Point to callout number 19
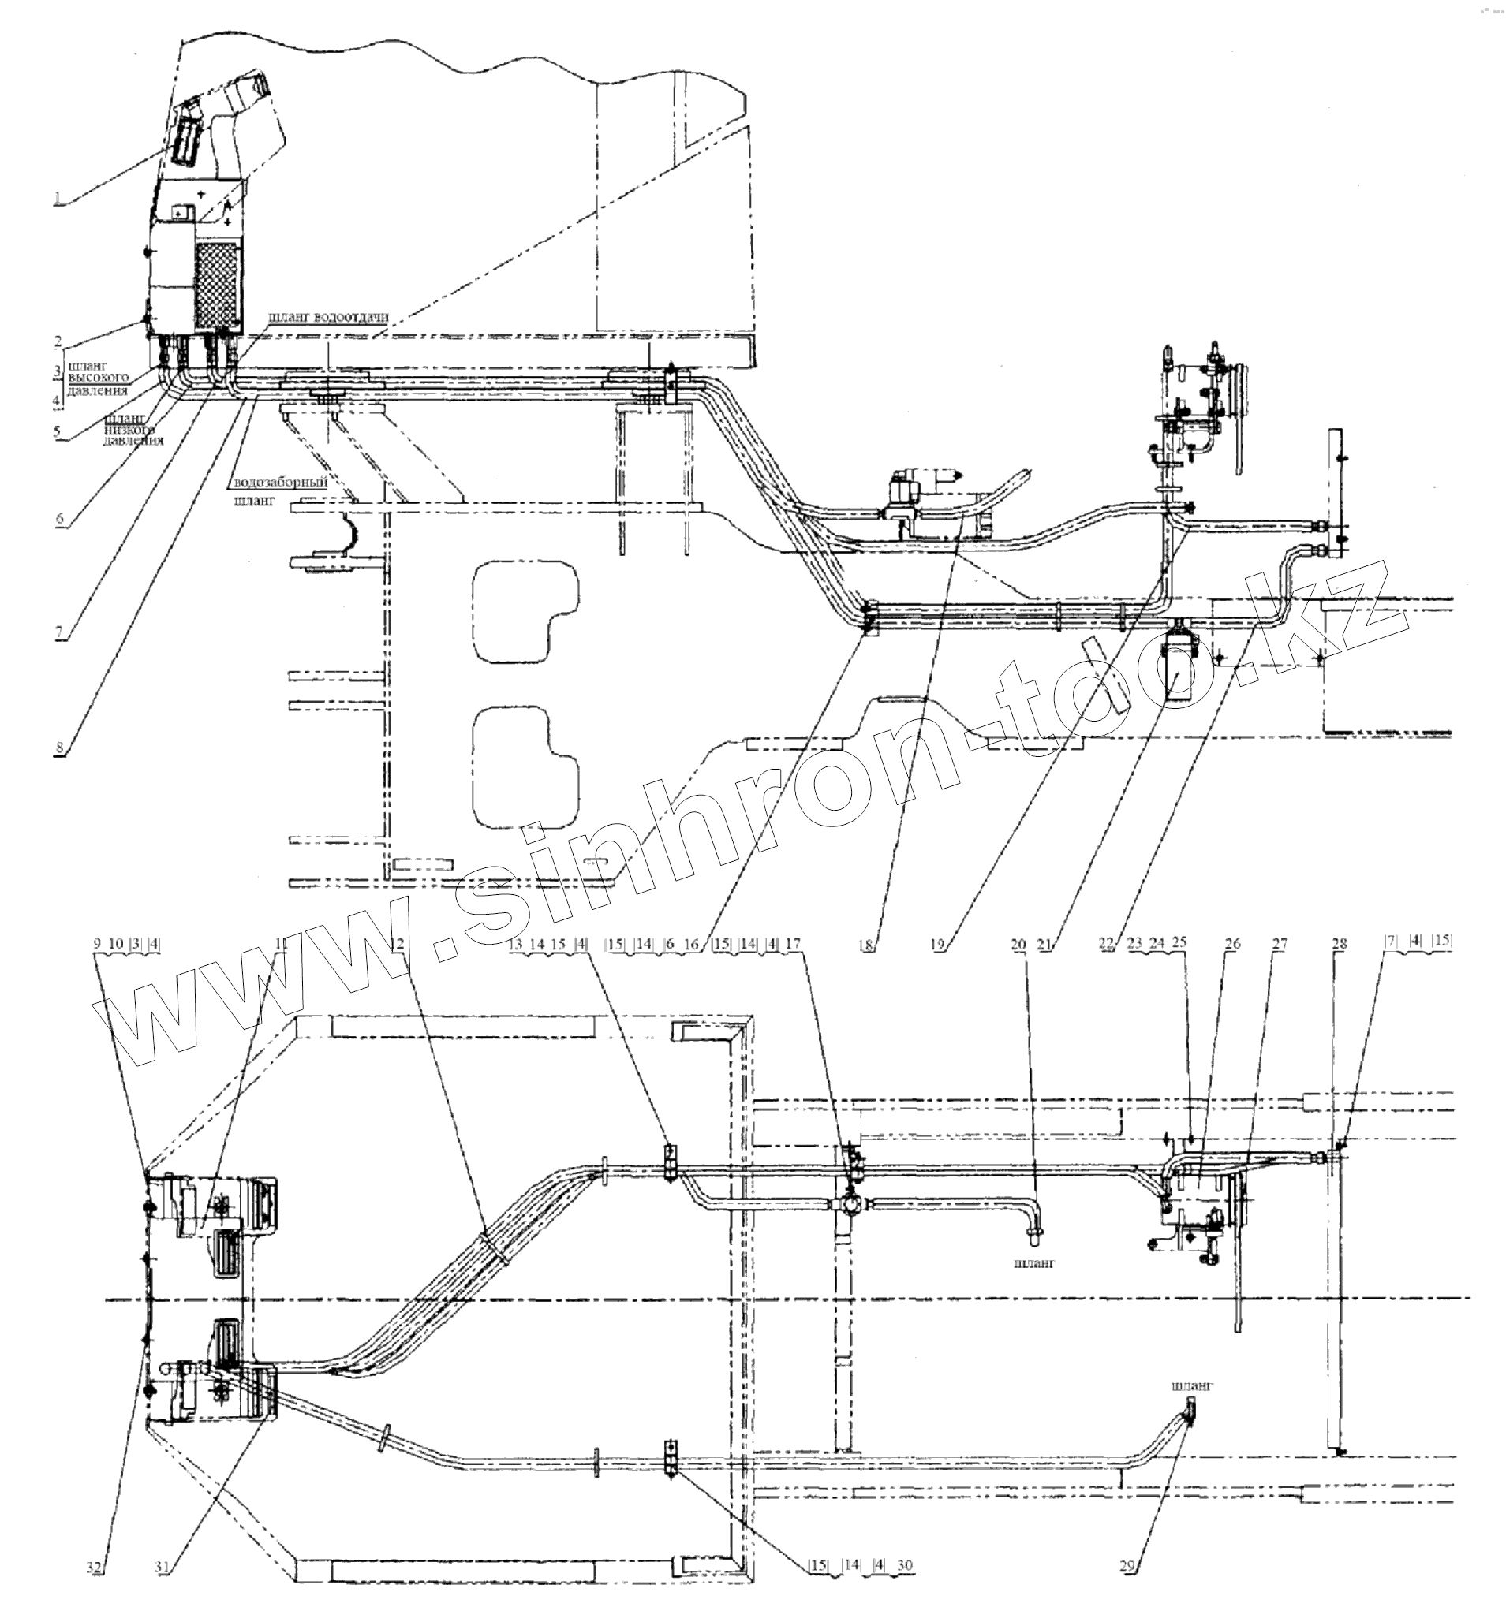tap(938, 945)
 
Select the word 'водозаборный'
tap(280, 483)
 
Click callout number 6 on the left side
tap(59, 520)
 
